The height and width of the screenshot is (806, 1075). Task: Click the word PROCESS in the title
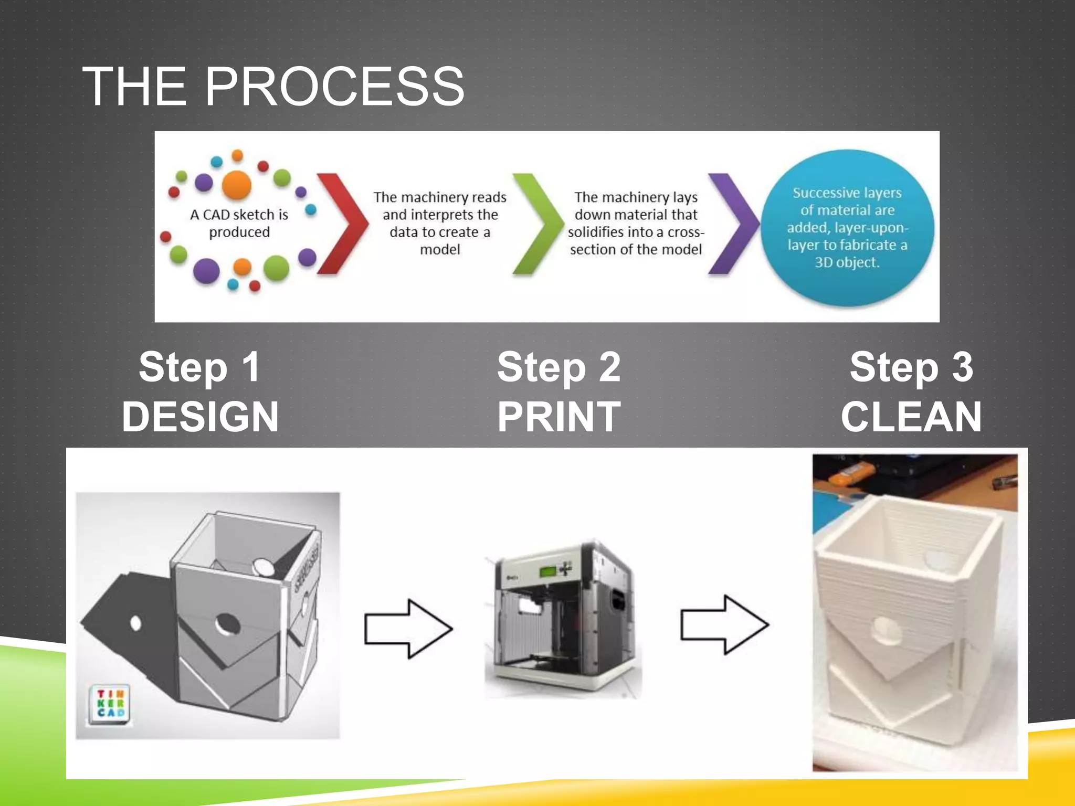pos(334,87)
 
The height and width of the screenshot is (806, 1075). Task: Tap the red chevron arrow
pos(342,224)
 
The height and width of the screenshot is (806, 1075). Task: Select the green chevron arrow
pos(536,224)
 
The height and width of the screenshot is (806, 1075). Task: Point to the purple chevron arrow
pos(732,224)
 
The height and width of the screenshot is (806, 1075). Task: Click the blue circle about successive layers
pos(847,227)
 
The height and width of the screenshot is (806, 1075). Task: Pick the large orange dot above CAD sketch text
pos(237,185)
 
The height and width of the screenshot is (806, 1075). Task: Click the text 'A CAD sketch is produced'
pos(239,223)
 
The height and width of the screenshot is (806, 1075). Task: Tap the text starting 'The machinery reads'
pos(440,223)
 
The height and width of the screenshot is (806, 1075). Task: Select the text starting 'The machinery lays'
pos(636,223)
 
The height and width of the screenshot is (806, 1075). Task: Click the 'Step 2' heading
pos(559,367)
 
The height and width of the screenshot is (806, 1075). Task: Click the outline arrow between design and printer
pos(408,629)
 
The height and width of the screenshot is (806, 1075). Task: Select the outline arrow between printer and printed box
pos(724,624)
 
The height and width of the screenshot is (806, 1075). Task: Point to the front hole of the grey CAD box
pos(227,624)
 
